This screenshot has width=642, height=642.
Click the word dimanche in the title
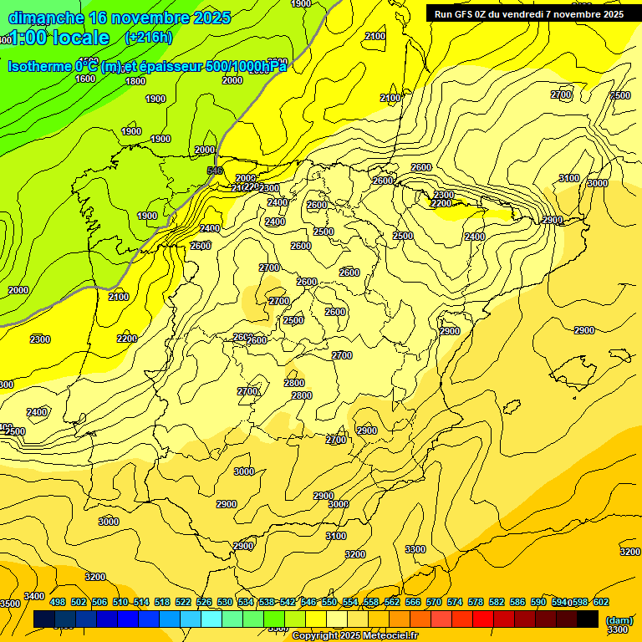coord(46,18)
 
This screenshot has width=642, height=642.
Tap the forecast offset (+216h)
coord(148,38)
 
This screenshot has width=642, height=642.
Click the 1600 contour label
coord(85,79)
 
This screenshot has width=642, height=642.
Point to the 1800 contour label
coord(135,81)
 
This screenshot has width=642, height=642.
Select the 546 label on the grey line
coord(215,171)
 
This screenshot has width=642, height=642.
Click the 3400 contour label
coord(34,596)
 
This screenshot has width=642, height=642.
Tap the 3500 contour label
coord(9,604)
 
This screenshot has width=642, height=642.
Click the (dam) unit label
coord(619,619)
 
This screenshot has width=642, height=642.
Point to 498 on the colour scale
coord(58,602)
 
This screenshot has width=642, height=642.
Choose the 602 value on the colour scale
coord(601,602)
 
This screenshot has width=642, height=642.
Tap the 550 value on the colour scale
coord(329,602)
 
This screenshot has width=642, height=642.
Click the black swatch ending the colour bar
coord(588,619)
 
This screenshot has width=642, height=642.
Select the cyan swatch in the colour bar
coord(211,619)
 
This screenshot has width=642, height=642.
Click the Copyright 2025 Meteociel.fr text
coord(354,636)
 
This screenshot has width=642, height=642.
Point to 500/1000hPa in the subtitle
coord(246,66)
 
